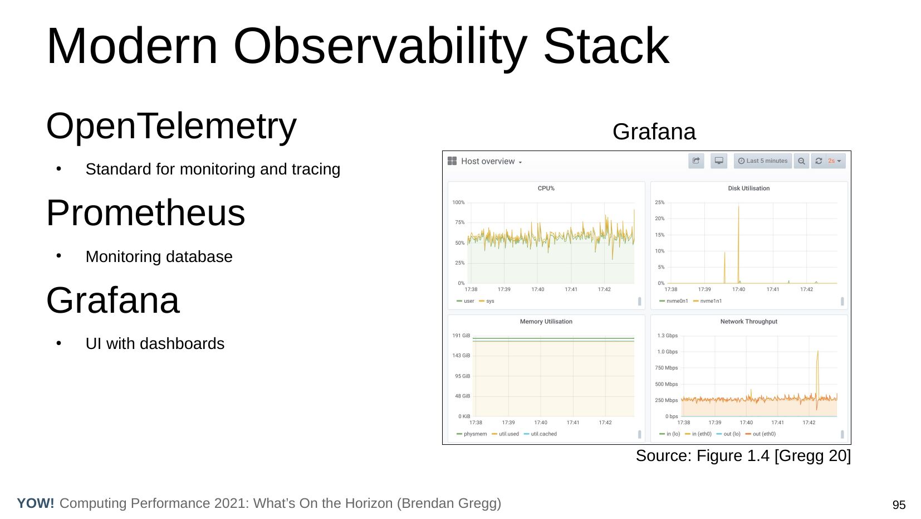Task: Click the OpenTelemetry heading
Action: pos(171,127)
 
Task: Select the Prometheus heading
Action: pos(145,213)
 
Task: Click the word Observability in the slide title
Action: pos(380,46)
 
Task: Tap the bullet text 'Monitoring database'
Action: pos(159,256)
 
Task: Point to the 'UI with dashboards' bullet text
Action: pos(155,343)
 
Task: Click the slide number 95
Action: pos(899,505)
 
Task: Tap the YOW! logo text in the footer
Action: pos(36,503)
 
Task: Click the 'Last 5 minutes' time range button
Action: pos(763,161)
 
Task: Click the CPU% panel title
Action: pos(546,188)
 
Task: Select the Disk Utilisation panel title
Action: pos(749,188)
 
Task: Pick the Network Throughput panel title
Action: pos(749,322)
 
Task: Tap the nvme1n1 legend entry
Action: pos(708,301)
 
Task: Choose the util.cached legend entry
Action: pos(540,434)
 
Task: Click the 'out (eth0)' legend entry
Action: pos(761,434)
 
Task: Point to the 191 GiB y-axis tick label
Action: pos(461,336)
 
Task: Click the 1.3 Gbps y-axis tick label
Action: pos(667,336)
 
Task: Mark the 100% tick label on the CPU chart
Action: pos(458,202)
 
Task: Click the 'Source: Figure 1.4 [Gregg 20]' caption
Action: pos(743,456)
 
